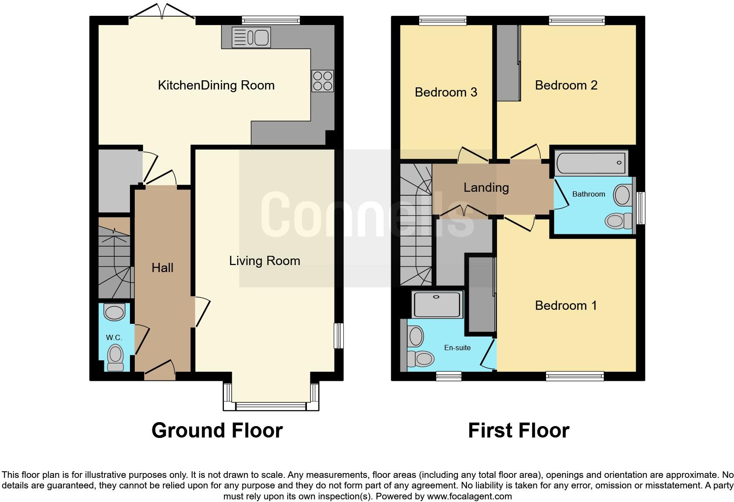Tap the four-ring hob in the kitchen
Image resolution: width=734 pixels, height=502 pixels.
click(x=323, y=81)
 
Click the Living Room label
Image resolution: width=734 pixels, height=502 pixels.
click(x=264, y=261)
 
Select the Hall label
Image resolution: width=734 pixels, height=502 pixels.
click(x=162, y=268)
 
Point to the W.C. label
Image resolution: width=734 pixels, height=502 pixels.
click(x=114, y=337)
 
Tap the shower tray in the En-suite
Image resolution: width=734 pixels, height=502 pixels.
click(x=438, y=304)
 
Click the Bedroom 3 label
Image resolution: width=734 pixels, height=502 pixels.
click(x=446, y=92)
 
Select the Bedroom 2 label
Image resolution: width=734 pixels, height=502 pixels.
click(x=566, y=85)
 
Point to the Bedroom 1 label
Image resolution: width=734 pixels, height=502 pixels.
click(x=566, y=305)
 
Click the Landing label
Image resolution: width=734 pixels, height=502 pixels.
click(x=486, y=188)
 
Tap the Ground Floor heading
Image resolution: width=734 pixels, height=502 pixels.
click(x=217, y=430)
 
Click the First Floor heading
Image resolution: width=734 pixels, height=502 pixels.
click(x=518, y=430)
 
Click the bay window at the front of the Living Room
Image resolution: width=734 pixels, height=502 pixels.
click(x=271, y=405)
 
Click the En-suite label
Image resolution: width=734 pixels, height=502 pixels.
click(x=457, y=348)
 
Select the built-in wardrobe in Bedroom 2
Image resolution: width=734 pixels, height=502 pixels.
click(x=508, y=63)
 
